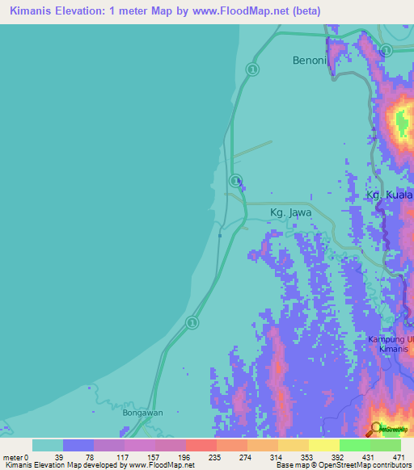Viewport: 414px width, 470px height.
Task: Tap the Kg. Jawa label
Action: click(290, 213)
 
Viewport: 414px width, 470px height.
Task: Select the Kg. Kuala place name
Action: click(390, 196)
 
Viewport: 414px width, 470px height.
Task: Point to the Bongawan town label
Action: click(142, 413)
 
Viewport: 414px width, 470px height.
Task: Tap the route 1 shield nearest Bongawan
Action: click(192, 323)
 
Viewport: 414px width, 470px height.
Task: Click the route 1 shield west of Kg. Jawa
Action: click(234, 180)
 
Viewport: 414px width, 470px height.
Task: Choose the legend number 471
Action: click(399, 457)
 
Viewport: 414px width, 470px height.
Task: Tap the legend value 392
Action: click(337, 457)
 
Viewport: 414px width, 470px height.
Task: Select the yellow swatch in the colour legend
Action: click(323, 445)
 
